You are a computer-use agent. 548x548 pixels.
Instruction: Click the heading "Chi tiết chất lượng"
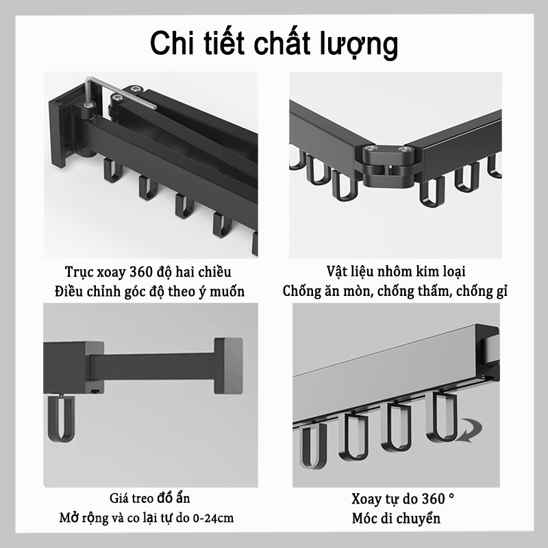pos(274,43)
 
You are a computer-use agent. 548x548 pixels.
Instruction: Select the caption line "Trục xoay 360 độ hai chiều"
pos(148,271)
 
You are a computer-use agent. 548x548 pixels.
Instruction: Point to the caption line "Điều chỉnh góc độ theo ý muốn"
pos(149,291)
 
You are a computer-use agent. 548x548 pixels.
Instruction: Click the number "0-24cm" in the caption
pos(211,517)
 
